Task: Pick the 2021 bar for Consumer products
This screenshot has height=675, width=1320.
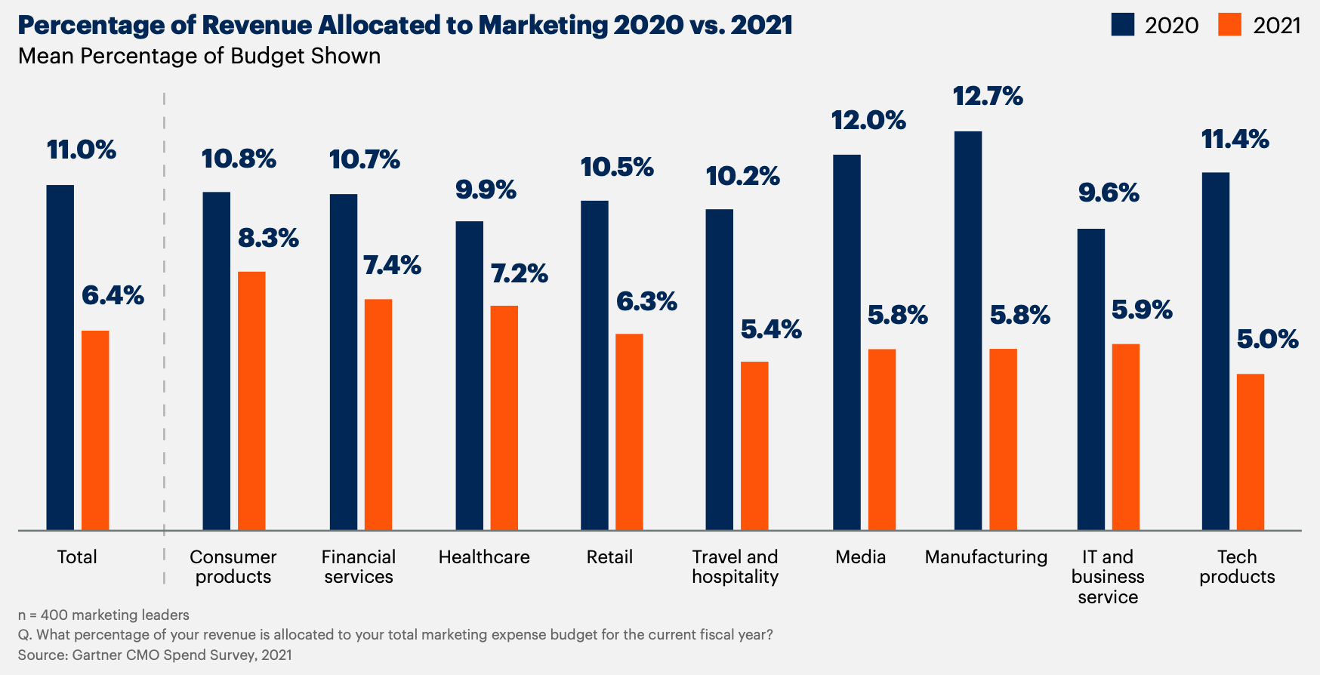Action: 251,400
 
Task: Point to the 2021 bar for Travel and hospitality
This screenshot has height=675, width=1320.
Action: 754,445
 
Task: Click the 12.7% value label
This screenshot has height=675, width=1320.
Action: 988,97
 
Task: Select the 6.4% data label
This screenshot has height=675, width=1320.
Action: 113,295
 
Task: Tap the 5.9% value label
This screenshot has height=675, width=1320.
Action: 1142,310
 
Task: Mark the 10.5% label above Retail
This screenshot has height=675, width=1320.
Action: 617,167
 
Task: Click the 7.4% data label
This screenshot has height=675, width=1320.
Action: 392,265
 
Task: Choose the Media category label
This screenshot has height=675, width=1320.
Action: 860,557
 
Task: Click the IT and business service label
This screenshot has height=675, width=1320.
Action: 1108,577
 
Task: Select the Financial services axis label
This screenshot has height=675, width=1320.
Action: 359,567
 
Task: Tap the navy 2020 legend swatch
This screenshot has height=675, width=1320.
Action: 1123,25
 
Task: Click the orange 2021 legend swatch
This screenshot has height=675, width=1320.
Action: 1230,25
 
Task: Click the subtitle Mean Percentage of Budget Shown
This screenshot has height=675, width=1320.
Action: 199,57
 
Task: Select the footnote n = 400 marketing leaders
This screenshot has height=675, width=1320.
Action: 103,615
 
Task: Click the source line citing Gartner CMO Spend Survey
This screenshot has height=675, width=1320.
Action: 155,655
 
